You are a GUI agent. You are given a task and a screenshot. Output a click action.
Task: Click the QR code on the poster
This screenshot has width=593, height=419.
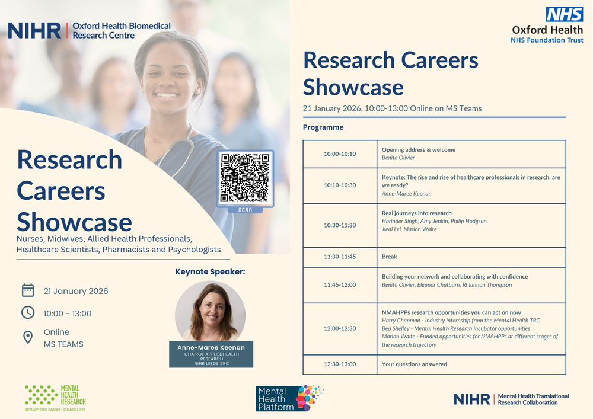point(245,178)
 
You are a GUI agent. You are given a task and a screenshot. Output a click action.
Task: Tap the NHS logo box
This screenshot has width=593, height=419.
point(565,14)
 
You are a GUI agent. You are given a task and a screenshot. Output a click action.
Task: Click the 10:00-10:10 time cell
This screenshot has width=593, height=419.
point(340,154)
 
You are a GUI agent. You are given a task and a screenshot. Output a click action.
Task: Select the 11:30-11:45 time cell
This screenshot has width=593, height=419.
point(340,257)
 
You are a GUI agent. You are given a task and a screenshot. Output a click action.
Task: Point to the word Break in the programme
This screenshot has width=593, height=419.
point(389,257)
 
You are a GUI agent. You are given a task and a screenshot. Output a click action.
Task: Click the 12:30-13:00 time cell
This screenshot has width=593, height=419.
point(340,364)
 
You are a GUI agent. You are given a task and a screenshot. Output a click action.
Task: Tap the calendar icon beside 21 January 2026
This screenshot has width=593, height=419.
point(28,290)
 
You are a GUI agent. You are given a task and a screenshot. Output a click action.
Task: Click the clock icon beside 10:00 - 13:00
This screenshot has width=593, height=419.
point(28,313)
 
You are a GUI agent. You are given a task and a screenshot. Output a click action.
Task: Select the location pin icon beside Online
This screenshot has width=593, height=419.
point(28,337)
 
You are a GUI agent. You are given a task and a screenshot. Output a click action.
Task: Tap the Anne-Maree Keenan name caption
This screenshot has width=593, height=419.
point(211,348)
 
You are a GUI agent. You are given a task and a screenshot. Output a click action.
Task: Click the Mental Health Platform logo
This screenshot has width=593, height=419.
point(290,398)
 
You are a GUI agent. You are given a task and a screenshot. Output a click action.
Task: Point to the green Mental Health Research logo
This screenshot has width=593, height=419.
point(55,398)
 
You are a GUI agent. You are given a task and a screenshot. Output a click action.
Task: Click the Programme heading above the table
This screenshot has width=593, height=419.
point(323,127)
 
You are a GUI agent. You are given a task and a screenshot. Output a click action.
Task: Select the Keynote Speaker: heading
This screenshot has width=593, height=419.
point(210,272)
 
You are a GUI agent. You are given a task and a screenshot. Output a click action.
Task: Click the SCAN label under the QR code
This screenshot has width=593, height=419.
point(245,210)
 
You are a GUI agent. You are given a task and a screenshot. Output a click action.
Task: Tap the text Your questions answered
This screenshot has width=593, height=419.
point(414,364)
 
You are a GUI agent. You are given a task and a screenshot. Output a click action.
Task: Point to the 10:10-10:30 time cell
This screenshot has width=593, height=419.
point(340,185)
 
